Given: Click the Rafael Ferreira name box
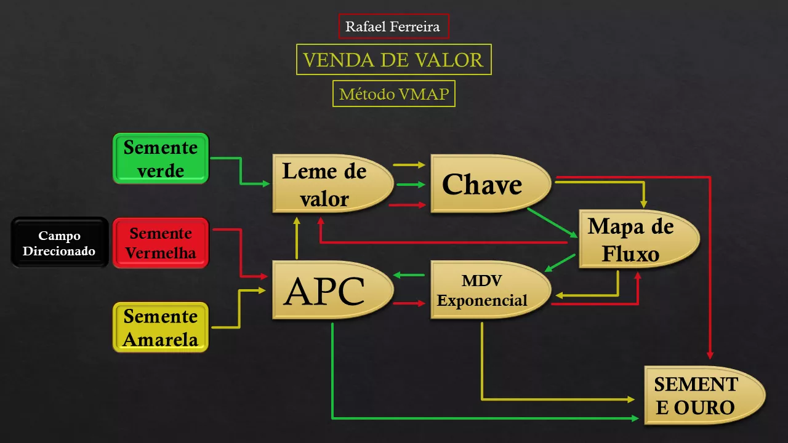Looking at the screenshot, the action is [393, 26].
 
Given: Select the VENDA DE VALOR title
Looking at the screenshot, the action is [393, 60].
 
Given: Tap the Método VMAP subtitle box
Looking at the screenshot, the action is [393, 94].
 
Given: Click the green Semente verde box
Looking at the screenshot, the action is [161, 159].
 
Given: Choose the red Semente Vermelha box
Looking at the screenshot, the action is [161, 243].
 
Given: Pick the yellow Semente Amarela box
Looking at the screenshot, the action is [161, 327].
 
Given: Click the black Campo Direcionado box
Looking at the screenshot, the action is [60, 242].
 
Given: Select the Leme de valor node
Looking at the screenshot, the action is [332, 183].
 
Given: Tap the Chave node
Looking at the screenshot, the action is [491, 183].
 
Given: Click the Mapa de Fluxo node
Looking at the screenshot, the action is [639, 239].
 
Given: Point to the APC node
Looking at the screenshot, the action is [332, 290].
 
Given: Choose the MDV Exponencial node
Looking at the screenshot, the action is [491, 290].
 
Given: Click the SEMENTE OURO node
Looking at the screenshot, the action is [704, 395].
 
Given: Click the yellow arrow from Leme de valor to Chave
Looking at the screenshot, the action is [409, 164].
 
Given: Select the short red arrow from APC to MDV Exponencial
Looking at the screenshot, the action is [409, 303].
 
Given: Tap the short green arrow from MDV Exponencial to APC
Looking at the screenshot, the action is [409, 275].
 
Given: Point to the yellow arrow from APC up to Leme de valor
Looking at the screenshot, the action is [297, 238].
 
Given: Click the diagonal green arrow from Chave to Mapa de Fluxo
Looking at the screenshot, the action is [552, 223].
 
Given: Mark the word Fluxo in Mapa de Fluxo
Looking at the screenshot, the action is [630, 254].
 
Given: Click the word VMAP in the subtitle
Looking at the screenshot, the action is [424, 94].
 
